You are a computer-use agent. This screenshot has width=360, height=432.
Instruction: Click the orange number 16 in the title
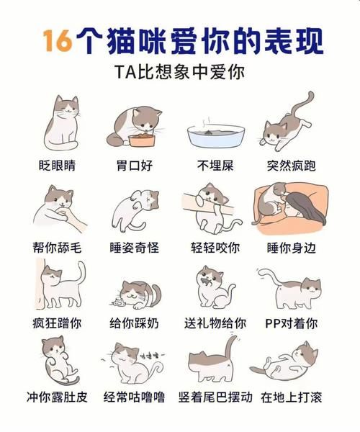[58, 42]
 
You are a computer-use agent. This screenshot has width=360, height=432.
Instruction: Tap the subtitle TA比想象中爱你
[179, 73]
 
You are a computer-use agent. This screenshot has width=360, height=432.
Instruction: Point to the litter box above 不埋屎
[214, 135]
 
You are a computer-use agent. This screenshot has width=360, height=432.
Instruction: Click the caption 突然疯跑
[290, 166]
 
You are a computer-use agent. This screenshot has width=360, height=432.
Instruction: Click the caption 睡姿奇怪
[134, 247]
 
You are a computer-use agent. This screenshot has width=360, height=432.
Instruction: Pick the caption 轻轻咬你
[214, 247]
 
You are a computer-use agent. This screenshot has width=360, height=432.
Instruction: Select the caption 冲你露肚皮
[58, 395]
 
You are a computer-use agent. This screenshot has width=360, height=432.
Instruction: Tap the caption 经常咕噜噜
[134, 395]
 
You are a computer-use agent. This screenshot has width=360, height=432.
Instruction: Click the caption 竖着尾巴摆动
[214, 395]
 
